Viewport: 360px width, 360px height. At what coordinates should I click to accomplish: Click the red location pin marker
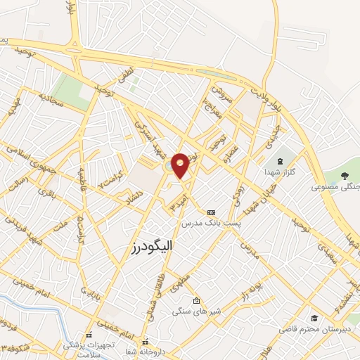(181, 164)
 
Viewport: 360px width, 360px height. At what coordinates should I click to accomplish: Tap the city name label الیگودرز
(153, 247)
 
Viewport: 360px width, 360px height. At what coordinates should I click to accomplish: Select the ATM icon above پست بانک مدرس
(212, 212)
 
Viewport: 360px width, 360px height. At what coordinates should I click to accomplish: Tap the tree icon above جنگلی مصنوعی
(343, 176)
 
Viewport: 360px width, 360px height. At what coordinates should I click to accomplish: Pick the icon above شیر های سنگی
(196, 301)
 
